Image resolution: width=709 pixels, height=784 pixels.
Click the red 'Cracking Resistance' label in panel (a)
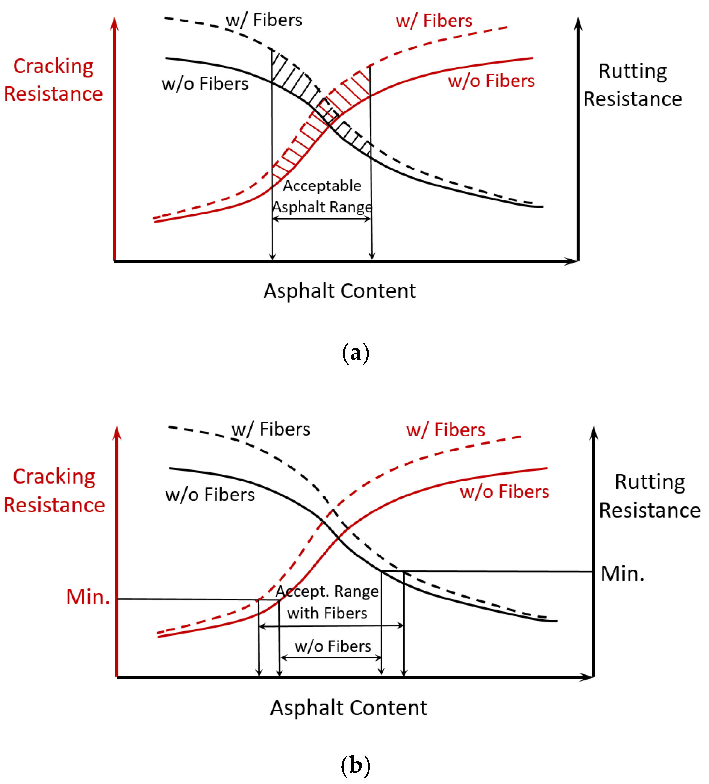53,80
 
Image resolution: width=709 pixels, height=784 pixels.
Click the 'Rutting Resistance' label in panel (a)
632,85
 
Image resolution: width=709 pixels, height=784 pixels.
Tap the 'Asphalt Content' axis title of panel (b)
348,708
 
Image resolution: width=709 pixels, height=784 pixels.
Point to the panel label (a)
355,353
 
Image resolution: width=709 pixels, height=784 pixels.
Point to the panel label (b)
355,765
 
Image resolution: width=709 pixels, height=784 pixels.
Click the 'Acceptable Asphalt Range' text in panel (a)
322,196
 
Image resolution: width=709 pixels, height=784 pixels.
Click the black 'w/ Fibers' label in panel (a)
264,20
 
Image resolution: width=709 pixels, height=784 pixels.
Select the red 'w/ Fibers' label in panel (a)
434,21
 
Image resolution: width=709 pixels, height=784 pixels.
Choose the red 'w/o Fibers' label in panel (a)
491,81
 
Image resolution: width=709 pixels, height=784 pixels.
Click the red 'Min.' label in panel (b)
88,597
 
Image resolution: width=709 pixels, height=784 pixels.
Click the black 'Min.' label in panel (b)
622,574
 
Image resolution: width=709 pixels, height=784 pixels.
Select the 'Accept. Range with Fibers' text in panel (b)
327,602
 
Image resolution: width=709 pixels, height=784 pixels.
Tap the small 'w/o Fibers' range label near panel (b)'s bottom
333,646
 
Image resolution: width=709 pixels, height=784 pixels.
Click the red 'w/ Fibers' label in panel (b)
445,430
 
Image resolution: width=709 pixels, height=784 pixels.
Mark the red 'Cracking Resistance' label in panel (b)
54,491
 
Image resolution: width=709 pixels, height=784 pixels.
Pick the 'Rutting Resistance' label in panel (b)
649,496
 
